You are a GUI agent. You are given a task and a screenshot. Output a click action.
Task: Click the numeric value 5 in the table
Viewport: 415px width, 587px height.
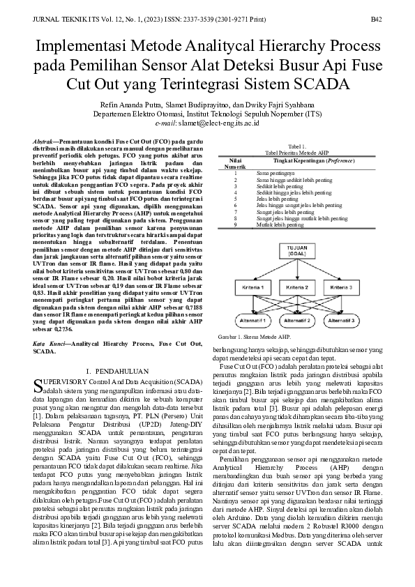pyautogui.click(x=235, y=199)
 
